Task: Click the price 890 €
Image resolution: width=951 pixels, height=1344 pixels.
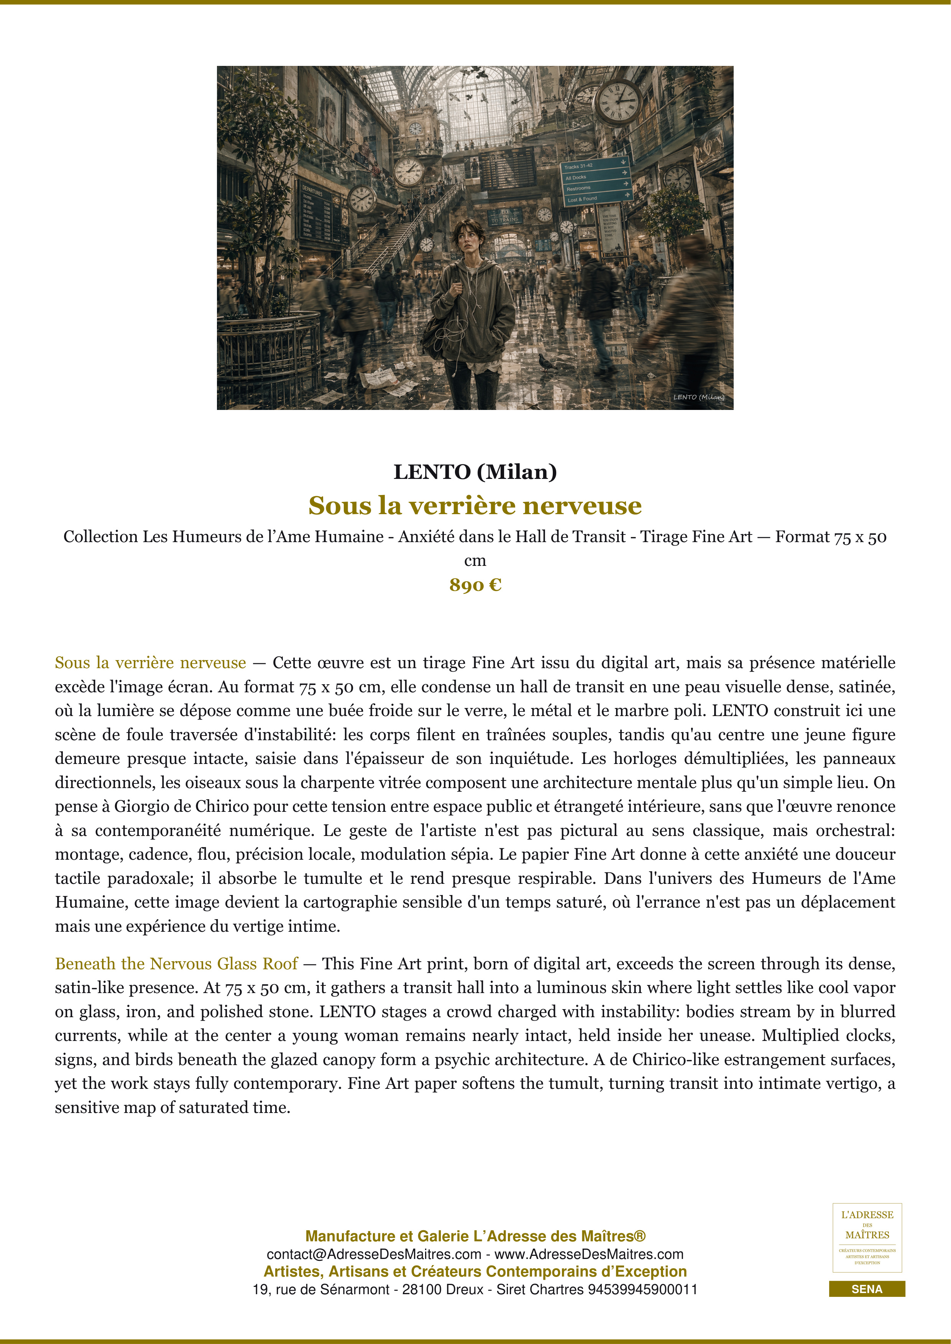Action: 475,585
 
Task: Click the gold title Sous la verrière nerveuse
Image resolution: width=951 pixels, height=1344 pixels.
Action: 475,505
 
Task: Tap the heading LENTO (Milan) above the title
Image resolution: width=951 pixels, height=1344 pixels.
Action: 475,472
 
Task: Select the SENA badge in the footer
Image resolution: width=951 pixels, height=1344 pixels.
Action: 867,1289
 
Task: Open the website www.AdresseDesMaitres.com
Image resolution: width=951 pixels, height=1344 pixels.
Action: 589,1254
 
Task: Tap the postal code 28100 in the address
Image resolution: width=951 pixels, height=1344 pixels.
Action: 424,1290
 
